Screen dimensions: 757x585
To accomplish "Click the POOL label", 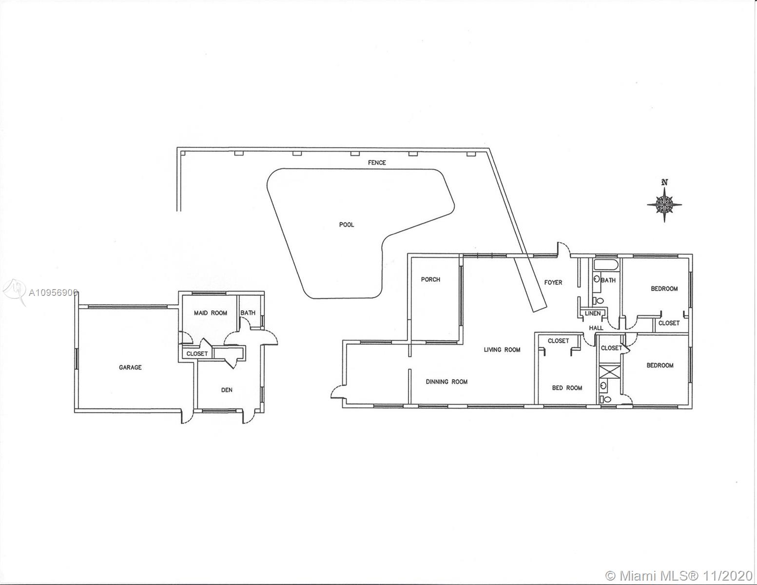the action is (x=346, y=225).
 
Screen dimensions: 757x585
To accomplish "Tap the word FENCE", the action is (x=377, y=162).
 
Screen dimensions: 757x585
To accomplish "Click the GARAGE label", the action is (x=130, y=367).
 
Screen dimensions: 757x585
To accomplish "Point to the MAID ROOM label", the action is (x=211, y=313).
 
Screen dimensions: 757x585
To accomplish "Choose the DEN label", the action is (x=227, y=390).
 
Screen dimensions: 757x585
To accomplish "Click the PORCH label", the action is (x=430, y=279).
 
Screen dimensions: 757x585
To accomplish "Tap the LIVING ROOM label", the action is (x=502, y=350).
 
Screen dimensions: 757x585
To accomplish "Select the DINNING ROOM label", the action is (x=446, y=382).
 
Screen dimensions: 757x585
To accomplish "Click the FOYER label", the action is (x=553, y=282).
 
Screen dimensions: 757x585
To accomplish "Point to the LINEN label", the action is (x=593, y=313).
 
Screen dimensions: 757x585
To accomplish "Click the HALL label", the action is (x=596, y=328).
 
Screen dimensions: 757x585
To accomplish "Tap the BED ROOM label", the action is (x=567, y=388).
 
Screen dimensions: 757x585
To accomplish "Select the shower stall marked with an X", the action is (x=610, y=370).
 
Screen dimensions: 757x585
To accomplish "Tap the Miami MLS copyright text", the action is (x=679, y=575).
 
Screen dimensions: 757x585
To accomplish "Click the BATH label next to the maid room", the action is (x=248, y=313).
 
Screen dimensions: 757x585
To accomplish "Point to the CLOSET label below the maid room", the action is (x=197, y=353).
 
